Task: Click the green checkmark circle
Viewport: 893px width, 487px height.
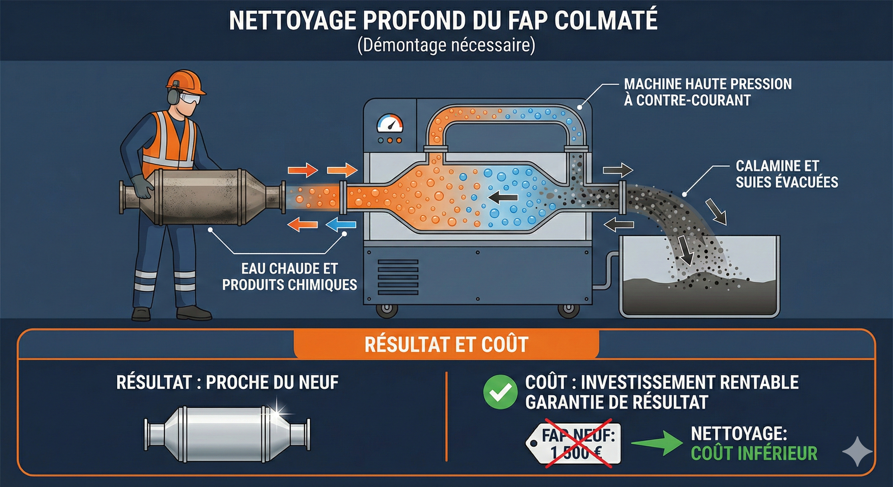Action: point(500,392)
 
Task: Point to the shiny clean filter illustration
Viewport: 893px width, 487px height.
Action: point(227,434)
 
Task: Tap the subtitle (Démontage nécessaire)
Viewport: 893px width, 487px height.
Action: point(446,46)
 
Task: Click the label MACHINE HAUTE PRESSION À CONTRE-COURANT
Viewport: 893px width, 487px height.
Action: point(707,92)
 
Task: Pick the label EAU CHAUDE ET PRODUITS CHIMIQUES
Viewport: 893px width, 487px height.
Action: point(290,276)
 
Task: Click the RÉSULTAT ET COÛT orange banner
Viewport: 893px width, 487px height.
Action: point(446,344)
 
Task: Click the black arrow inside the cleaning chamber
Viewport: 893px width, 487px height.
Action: point(503,198)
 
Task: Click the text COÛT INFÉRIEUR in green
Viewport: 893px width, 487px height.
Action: point(754,453)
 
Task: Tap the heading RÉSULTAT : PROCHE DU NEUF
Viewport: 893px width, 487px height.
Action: point(227,382)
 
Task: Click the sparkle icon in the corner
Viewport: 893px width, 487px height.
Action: point(857,451)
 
